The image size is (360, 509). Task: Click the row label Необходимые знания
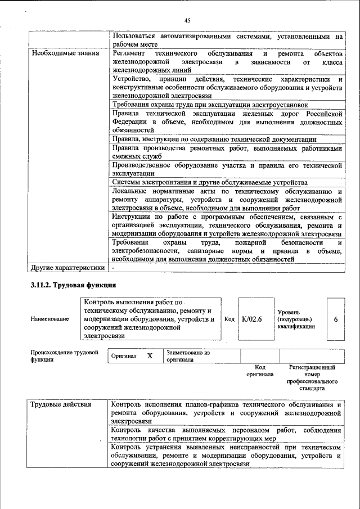(x=58, y=53)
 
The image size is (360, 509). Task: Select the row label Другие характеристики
(x=67, y=267)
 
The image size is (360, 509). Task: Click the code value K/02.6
(x=252, y=319)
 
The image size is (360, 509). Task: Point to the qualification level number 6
(x=335, y=319)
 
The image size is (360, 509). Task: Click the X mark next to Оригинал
(x=150, y=356)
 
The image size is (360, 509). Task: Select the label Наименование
(x=50, y=319)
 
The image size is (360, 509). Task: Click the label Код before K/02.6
(x=229, y=319)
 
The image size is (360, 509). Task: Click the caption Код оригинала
(x=260, y=371)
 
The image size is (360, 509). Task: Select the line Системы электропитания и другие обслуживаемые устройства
(x=209, y=182)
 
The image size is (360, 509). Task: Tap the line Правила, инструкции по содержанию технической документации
(x=214, y=139)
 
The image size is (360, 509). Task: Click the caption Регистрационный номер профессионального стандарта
(x=312, y=377)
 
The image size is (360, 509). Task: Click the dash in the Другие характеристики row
(x=113, y=267)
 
